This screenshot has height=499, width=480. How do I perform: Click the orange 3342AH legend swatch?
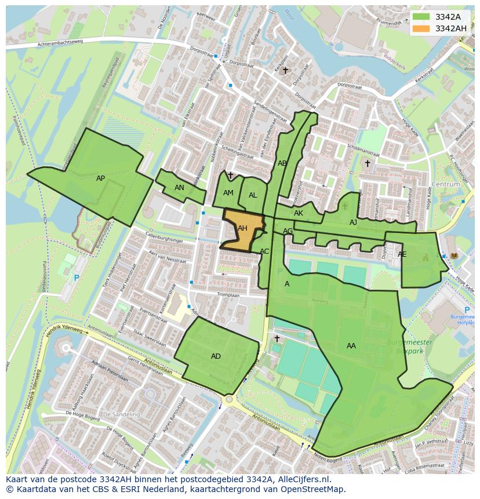[422, 28]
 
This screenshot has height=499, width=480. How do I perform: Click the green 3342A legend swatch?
[422, 17]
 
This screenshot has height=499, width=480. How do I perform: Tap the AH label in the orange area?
[242, 228]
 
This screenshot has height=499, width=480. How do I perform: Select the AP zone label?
[100, 179]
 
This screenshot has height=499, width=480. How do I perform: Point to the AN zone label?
[179, 188]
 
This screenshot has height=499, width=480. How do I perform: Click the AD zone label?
[216, 356]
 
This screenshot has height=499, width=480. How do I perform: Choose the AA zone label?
[351, 346]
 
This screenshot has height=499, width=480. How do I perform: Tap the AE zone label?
[402, 254]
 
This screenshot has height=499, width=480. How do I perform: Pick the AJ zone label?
[353, 223]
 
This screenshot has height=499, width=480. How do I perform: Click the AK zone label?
[299, 213]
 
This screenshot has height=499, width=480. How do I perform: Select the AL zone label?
[253, 195]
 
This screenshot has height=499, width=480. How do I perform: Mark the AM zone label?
[228, 193]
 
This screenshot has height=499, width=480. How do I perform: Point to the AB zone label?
[282, 163]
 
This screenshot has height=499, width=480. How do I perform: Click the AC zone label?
[264, 252]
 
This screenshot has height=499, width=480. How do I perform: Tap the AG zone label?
[288, 231]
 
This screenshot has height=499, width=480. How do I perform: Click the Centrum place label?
[445, 184]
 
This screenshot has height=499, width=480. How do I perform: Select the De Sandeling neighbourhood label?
[121, 415]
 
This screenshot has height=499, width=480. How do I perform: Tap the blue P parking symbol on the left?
[76, 278]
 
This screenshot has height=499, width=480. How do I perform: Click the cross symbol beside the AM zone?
[230, 175]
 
